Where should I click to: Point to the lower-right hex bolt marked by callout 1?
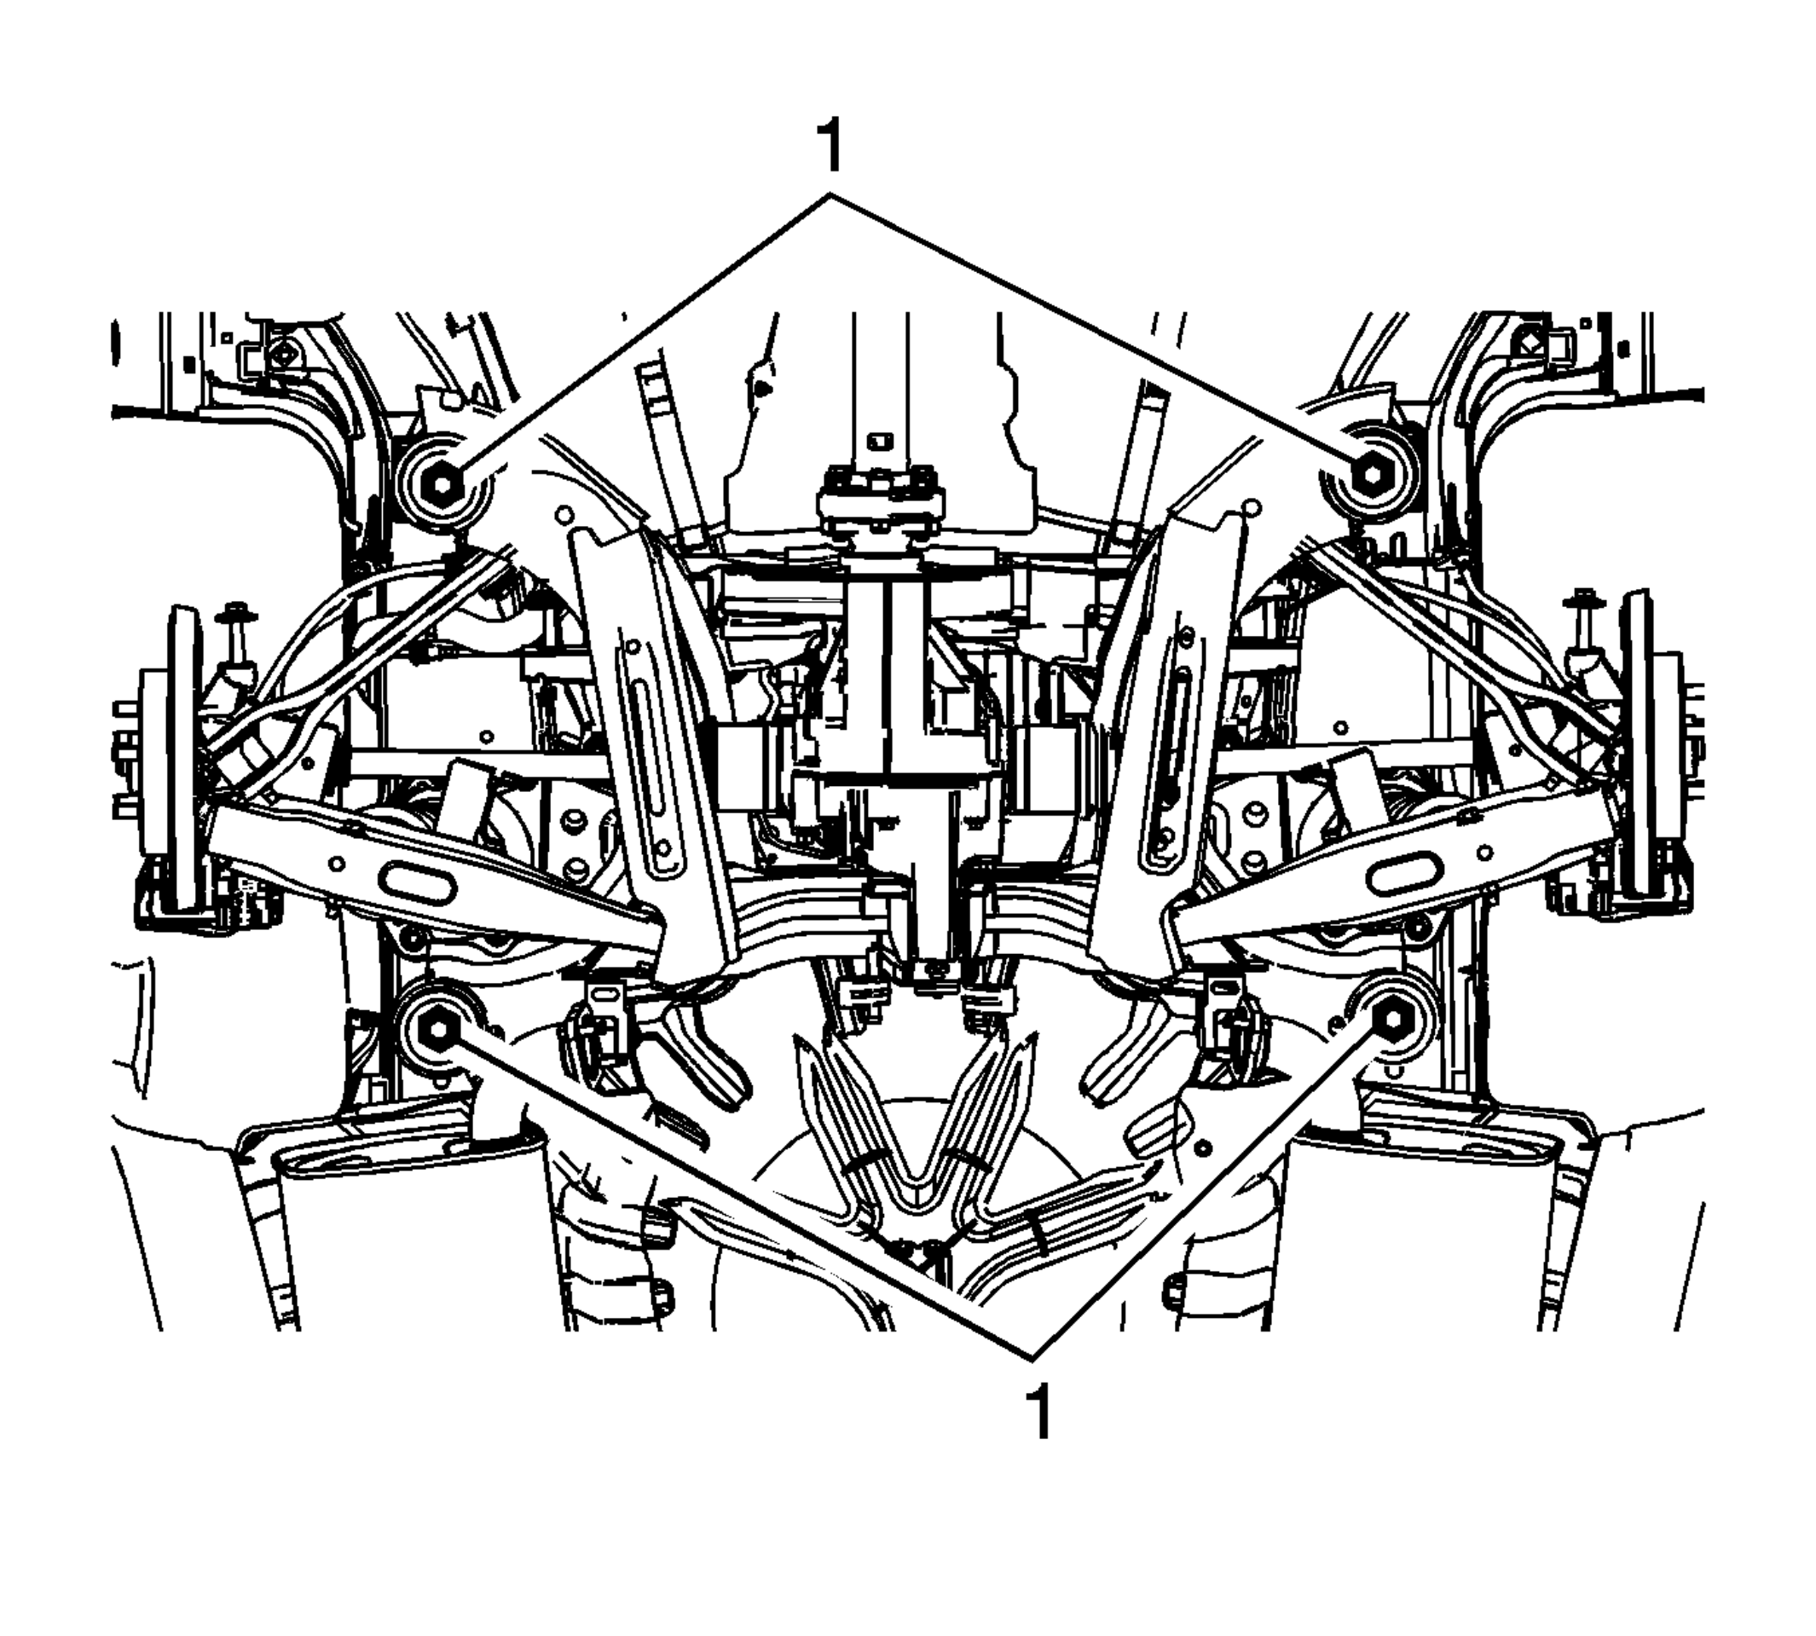pos(1391,1019)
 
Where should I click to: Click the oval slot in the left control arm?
pos(417,880)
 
